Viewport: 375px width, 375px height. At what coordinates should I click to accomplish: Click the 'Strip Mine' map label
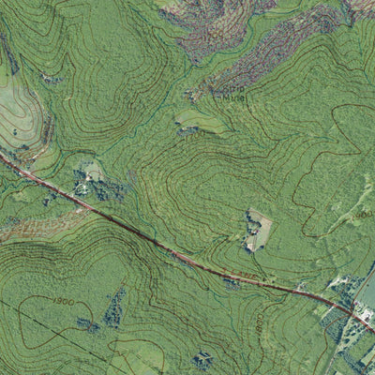point(234,92)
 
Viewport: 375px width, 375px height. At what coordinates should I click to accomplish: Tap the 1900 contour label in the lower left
point(65,302)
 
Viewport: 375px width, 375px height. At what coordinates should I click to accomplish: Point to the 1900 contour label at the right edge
point(364,215)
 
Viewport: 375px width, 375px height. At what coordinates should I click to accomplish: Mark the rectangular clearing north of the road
point(259,228)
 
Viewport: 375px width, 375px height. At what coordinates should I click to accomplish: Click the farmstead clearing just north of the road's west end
point(92,174)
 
